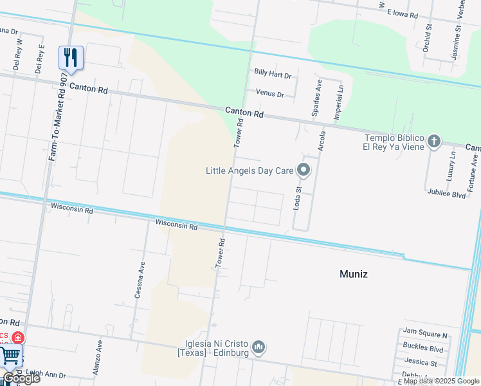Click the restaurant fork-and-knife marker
pyautogui.click(x=71, y=57)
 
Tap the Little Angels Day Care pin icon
pyautogui.click(x=304, y=170)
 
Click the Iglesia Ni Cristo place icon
pyautogui.click(x=259, y=347)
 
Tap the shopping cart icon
pyautogui.click(x=10, y=356)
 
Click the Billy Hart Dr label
pyautogui.click(x=273, y=75)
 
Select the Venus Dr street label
pyautogui.click(x=269, y=94)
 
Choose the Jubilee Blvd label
pyautogui.click(x=445, y=194)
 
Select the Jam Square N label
pyautogui.click(x=425, y=335)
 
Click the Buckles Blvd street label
pyautogui.click(x=423, y=349)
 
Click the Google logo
pyautogui.click(x=21, y=378)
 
